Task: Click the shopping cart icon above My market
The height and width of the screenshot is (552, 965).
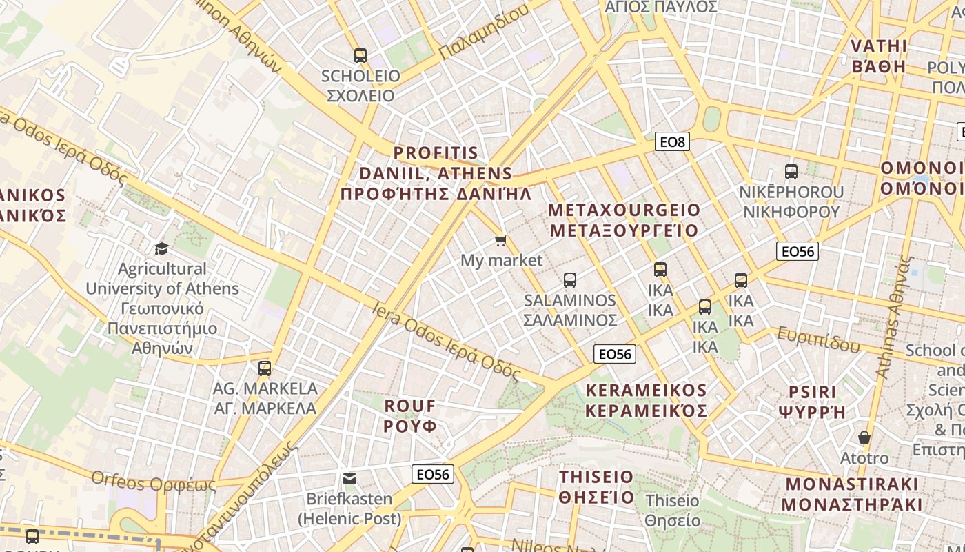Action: point(501,240)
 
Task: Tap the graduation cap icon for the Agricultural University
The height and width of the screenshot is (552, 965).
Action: point(161,248)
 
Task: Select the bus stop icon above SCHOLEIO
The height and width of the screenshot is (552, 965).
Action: point(360,56)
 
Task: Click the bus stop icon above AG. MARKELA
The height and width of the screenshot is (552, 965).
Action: point(265,368)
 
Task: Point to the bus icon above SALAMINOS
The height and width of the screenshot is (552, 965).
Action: point(570,280)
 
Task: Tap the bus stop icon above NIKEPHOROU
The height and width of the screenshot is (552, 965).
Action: point(791,172)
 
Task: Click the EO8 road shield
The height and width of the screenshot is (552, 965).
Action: point(672,142)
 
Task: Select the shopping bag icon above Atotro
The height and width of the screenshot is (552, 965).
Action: point(864,437)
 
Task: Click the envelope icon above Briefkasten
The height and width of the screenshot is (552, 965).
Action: point(349,478)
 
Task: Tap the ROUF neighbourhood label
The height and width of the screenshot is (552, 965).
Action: point(410,415)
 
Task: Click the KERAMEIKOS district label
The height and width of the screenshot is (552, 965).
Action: point(646,400)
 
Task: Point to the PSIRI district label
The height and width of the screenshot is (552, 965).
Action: point(812,402)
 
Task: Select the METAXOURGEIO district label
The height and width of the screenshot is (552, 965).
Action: point(624,219)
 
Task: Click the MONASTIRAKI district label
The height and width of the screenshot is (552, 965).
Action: point(852,493)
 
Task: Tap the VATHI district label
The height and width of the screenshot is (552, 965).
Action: point(878,56)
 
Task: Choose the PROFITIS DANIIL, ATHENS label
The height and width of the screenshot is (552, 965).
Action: point(436,172)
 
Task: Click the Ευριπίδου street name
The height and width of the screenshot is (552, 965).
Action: point(819,339)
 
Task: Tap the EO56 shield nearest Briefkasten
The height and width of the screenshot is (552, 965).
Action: point(433,474)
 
